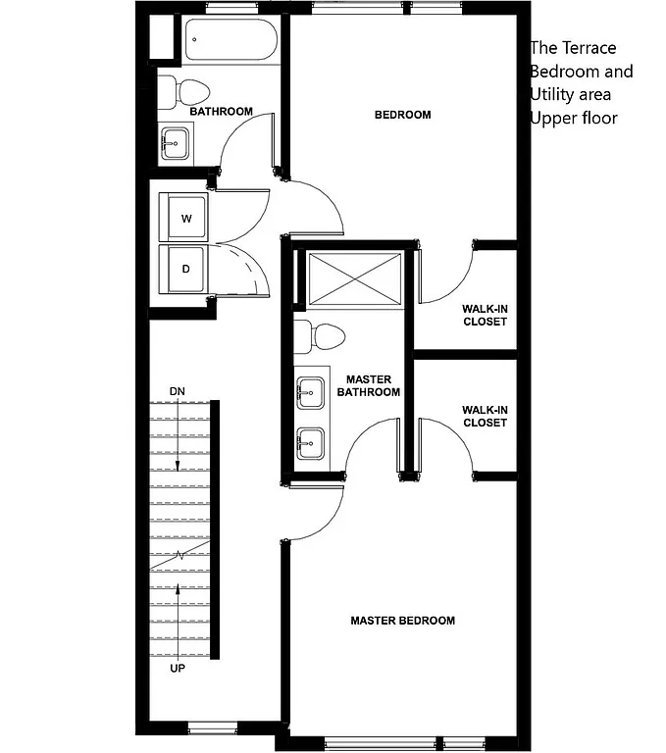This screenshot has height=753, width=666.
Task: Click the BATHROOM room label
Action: [221, 112]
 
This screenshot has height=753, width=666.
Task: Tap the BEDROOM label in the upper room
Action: [402, 116]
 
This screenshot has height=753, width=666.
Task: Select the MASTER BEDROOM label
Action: [402, 621]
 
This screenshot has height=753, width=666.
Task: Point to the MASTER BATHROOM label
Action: [369, 385]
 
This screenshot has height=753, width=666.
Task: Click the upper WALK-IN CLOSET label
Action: [484, 315]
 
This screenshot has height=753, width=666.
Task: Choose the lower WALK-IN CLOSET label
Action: [484, 417]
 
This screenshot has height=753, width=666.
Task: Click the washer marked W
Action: [185, 219]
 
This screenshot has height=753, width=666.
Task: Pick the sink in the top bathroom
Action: [175, 143]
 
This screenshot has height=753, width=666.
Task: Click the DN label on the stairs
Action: [177, 392]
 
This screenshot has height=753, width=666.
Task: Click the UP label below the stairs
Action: [177, 669]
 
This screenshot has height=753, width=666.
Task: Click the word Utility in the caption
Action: [555, 94]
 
